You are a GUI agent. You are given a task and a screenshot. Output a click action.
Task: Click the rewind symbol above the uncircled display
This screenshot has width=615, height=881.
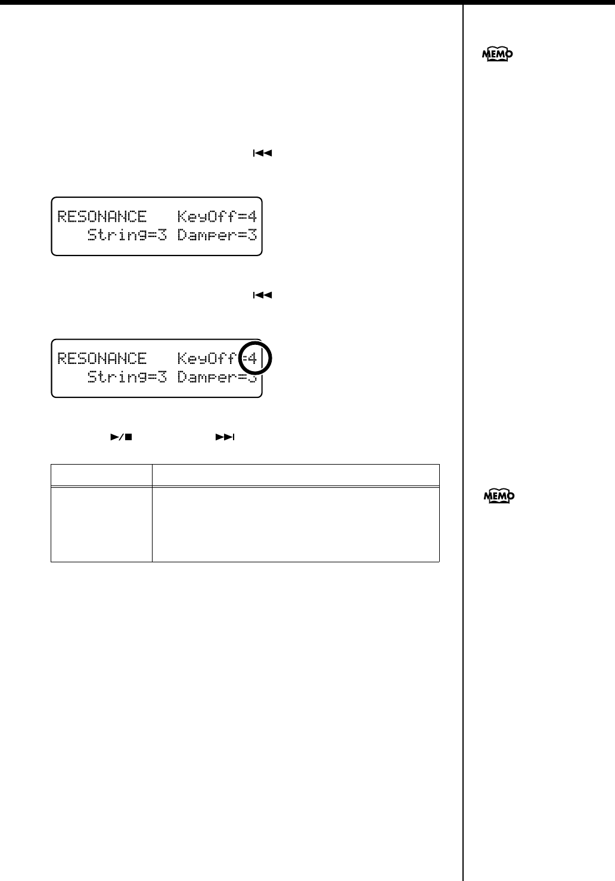262,153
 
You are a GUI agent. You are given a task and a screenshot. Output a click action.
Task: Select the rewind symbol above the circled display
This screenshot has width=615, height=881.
262,295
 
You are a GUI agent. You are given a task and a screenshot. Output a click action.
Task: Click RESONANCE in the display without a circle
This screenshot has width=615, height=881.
102,216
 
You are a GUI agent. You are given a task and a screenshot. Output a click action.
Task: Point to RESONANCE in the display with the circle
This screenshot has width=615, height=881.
102,358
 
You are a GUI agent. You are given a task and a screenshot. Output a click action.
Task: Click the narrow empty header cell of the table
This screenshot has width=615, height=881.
101,475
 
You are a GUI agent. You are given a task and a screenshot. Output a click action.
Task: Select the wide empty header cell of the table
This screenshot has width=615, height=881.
296,475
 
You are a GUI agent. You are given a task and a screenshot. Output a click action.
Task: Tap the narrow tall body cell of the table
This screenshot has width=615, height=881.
101,524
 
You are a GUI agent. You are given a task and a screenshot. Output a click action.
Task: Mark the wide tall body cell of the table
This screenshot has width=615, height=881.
296,524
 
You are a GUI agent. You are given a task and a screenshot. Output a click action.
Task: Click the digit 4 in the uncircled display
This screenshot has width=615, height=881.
253,216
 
